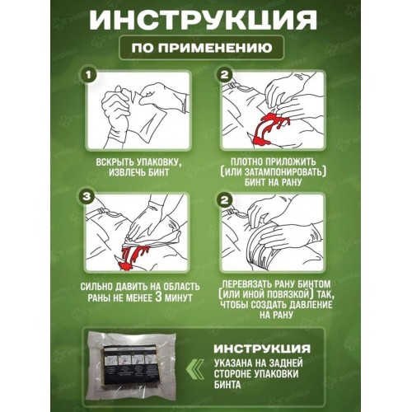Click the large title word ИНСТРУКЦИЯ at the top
pos(206,20)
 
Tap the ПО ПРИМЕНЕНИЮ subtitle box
pos(206,49)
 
